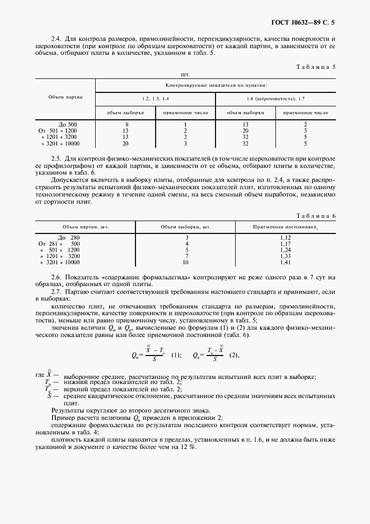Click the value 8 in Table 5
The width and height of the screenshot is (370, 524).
pos(127,124)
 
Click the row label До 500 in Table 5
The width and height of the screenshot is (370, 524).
pos(68,124)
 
